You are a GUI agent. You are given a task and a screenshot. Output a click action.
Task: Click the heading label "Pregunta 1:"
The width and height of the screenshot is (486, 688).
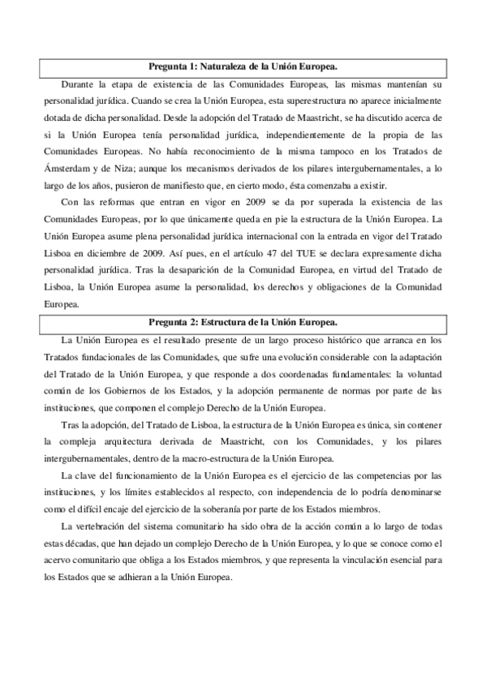(171, 67)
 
